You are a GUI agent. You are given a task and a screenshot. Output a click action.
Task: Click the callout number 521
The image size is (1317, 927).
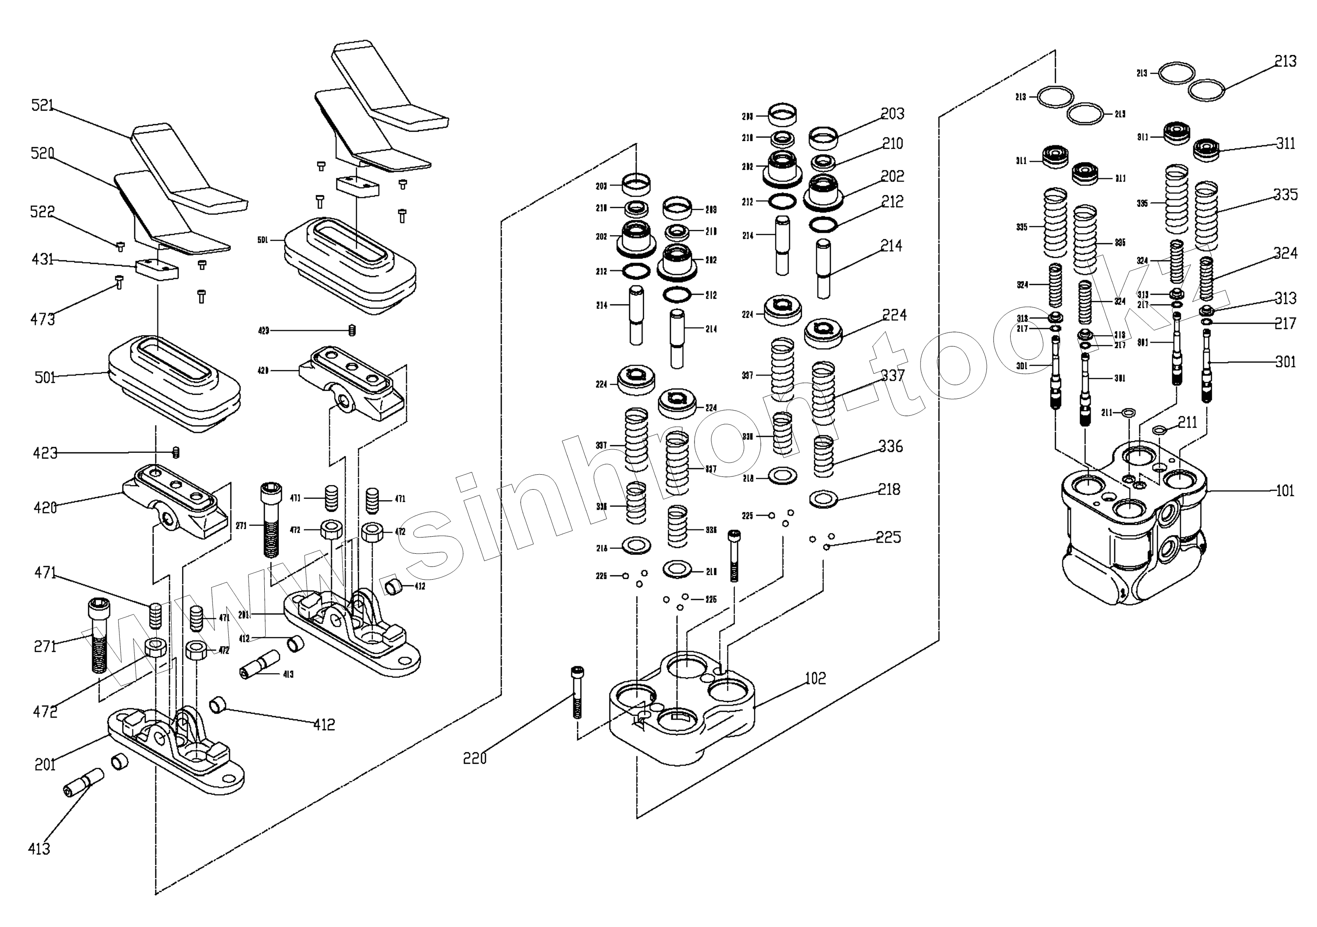[43, 105]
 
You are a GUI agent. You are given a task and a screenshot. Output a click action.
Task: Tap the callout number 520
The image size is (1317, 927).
[43, 153]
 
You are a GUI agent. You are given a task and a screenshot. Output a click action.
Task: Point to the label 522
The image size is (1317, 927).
[43, 212]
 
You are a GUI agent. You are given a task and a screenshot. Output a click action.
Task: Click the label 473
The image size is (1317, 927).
[43, 319]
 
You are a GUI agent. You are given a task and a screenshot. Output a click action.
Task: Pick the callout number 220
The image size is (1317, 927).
[475, 758]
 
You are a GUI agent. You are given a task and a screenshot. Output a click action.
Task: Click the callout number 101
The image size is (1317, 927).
[1285, 491]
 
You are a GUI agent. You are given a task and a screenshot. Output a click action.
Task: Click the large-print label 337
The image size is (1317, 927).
[892, 376]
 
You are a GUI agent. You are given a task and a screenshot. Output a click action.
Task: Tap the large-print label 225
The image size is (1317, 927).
[888, 537]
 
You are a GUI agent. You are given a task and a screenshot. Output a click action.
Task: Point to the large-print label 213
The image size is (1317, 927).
[1285, 61]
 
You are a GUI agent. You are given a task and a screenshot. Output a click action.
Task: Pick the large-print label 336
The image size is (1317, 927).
[890, 446]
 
